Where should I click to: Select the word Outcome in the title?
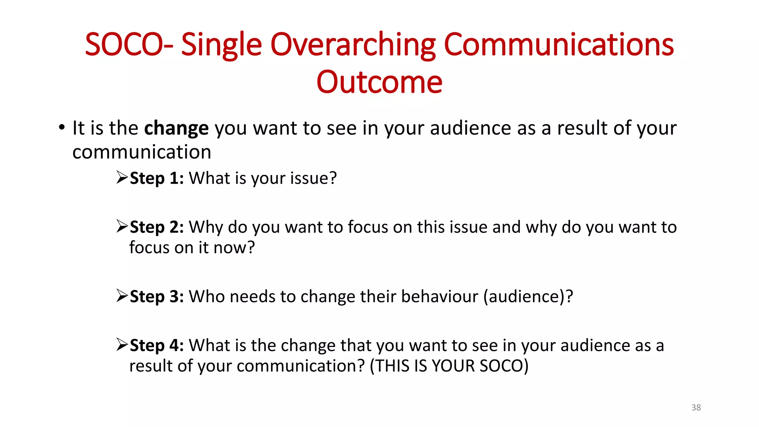coord(379,82)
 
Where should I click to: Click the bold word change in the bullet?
coord(176,128)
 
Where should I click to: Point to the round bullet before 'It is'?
coord(62,128)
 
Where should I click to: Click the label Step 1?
coord(157,178)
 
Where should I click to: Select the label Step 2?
coord(157,227)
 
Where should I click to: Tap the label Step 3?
coord(157,297)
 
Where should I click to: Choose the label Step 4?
coord(157,345)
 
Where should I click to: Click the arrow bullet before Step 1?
coord(122,177)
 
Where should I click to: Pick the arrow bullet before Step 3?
coord(122,295)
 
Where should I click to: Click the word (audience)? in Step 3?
coord(528,297)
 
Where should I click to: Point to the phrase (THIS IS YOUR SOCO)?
coord(449,366)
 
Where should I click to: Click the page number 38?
coord(696,407)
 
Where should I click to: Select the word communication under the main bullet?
coord(142,152)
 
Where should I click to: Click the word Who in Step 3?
coord(206,297)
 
